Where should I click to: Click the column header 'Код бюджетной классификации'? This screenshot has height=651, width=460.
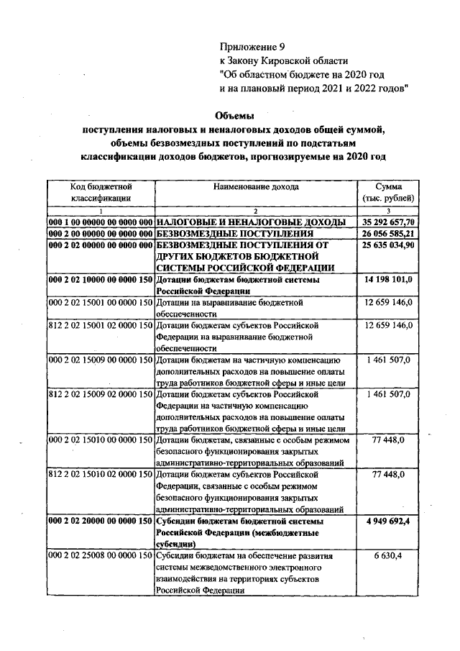pyautogui.click(x=101, y=191)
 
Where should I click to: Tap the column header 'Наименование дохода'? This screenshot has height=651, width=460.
pyautogui.click(x=255, y=186)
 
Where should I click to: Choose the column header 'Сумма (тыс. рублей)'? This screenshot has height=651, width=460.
pyautogui.click(x=388, y=191)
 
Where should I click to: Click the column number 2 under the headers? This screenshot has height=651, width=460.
pyautogui.click(x=255, y=210)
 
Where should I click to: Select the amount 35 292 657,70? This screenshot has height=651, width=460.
pyautogui.click(x=388, y=222)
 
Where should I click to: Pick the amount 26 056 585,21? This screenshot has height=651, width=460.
pyautogui.click(x=388, y=234)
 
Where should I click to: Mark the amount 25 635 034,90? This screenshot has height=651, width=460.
pyautogui.click(x=388, y=245)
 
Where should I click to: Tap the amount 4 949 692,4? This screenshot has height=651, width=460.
pyautogui.click(x=388, y=522)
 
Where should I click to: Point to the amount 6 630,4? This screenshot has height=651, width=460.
pyautogui.click(x=388, y=556)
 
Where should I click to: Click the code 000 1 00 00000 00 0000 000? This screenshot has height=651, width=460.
pyautogui.click(x=101, y=222)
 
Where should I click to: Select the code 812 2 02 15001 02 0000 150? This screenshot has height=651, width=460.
pyautogui.click(x=101, y=325)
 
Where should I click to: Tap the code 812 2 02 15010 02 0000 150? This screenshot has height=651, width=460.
pyautogui.click(x=101, y=475)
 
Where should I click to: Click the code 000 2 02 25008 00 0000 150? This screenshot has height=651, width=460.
pyautogui.click(x=101, y=556)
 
